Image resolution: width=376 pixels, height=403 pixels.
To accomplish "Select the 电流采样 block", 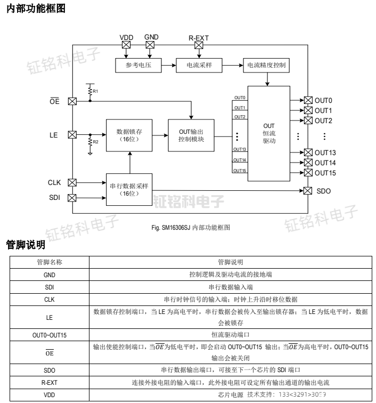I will click(x=199, y=66).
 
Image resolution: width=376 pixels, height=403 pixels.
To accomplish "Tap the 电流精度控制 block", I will click(x=266, y=66).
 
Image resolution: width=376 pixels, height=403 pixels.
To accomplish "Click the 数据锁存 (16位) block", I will click(x=128, y=135).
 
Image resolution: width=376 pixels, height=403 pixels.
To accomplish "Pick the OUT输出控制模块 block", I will click(x=191, y=135).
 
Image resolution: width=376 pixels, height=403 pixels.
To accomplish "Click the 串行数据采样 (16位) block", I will click(x=128, y=189).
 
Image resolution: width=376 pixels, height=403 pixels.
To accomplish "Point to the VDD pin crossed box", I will click(x=126, y=45).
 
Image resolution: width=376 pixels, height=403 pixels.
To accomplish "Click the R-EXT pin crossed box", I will click(x=199, y=45).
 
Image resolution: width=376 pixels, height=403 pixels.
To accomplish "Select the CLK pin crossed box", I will click(x=72, y=182).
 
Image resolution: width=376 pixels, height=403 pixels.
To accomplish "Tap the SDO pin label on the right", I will click(x=324, y=191).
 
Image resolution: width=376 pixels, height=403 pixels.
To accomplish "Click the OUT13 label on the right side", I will click(x=325, y=153).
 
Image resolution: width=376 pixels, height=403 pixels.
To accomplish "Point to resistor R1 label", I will click(x=95, y=92).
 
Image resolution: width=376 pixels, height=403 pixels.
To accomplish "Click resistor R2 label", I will click(x=95, y=142).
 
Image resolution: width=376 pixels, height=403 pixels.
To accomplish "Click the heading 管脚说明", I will click(x=25, y=245).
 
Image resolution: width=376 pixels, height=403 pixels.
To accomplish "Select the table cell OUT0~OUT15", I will click(x=49, y=335).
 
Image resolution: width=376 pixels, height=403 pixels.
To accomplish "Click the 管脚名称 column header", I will click(x=49, y=262).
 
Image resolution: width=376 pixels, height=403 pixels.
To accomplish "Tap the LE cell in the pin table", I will click(x=49, y=317).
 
